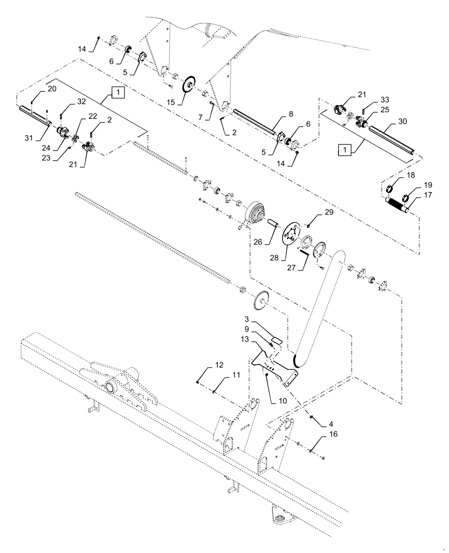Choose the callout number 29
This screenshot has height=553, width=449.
(x=330, y=213)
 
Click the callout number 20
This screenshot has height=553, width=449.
(x=51, y=89)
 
